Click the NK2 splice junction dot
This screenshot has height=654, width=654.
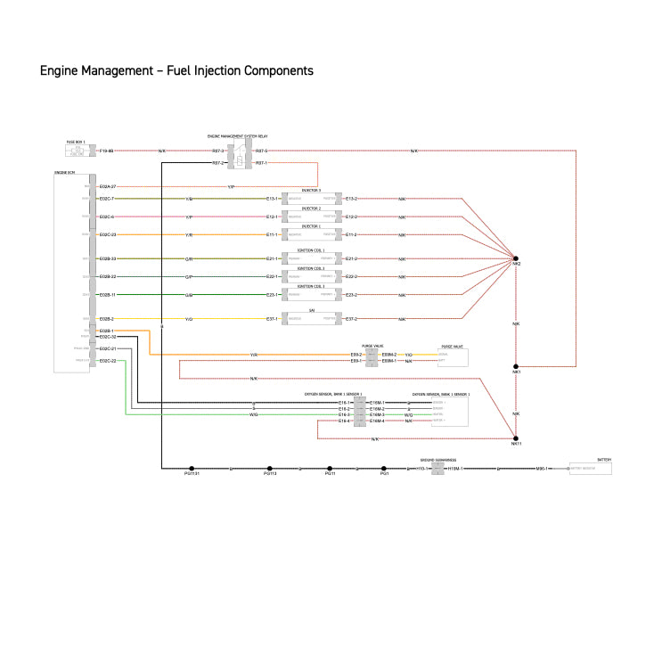pyautogui.click(x=516, y=259)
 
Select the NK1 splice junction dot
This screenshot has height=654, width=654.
pyautogui.click(x=516, y=366)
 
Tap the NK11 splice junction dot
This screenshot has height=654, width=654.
pyautogui.click(x=516, y=437)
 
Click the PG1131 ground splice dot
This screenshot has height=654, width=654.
pyautogui.click(x=192, y=468)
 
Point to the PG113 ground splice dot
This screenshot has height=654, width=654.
pyautogui.click(x=270, y=468)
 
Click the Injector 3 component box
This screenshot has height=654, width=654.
pyautogui.click(x=311, y=199)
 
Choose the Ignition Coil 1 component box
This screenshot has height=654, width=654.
pyautogui.click(x=311, y=259)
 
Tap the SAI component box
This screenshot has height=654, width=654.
pyautogui.click(x=311, y=318)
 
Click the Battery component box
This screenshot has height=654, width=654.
pyautogui.click(x=590, y=468)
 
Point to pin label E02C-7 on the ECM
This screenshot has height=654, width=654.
pyautogui.click(x=107, y=199)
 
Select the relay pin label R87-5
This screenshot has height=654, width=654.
pyautogui.click(x=261, y=151)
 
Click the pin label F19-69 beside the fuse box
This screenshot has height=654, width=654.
pyautogui.click(x=106, y=151)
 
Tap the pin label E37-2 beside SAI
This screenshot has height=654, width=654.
pyautogui.click(x=350, y=318)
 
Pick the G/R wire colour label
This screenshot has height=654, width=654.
pyautogui.click(x=189, y=259)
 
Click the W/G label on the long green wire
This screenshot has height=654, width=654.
pyautogui.click(x=254, y=414)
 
